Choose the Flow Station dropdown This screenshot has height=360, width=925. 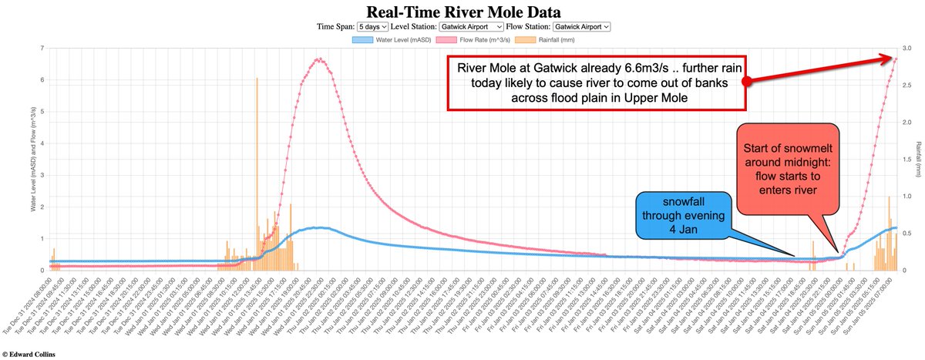[581, 26]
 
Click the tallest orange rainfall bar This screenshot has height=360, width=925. [257, 173]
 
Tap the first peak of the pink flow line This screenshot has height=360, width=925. [318, 59]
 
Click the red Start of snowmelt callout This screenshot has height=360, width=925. [786, 165]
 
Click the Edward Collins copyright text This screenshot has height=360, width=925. [32, 354]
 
